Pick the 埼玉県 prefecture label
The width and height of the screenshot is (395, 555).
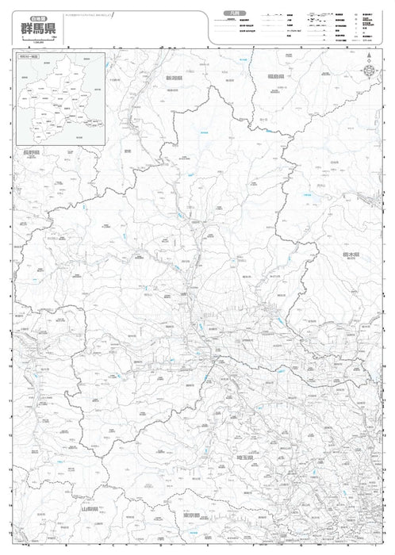244,457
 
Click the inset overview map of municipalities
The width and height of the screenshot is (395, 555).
59,99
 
